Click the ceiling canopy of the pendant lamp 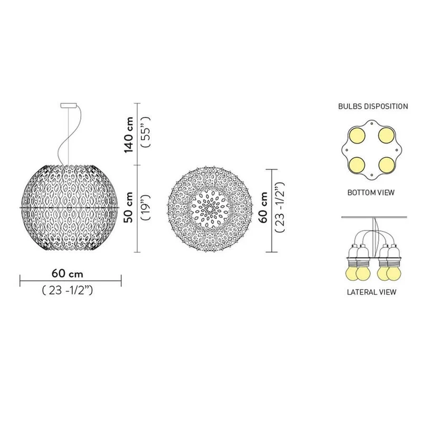[x=69, y=105]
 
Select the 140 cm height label [x=129, y=135]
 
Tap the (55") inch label [x=146, y=132]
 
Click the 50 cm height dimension [x=129, y=207]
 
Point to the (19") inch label [x=146, y=207]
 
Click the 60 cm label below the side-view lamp [x=68, y=274]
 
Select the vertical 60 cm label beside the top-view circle [x=263, y=207]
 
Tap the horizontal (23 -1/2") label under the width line [x=68, y=291]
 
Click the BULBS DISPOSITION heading [x=373, y=107]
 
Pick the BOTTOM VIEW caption [x=371, y=193]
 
